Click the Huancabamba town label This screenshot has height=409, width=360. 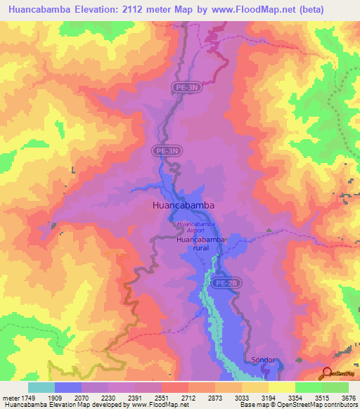183,206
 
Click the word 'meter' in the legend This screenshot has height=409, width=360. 11,397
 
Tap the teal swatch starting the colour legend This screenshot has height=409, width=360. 41,387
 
